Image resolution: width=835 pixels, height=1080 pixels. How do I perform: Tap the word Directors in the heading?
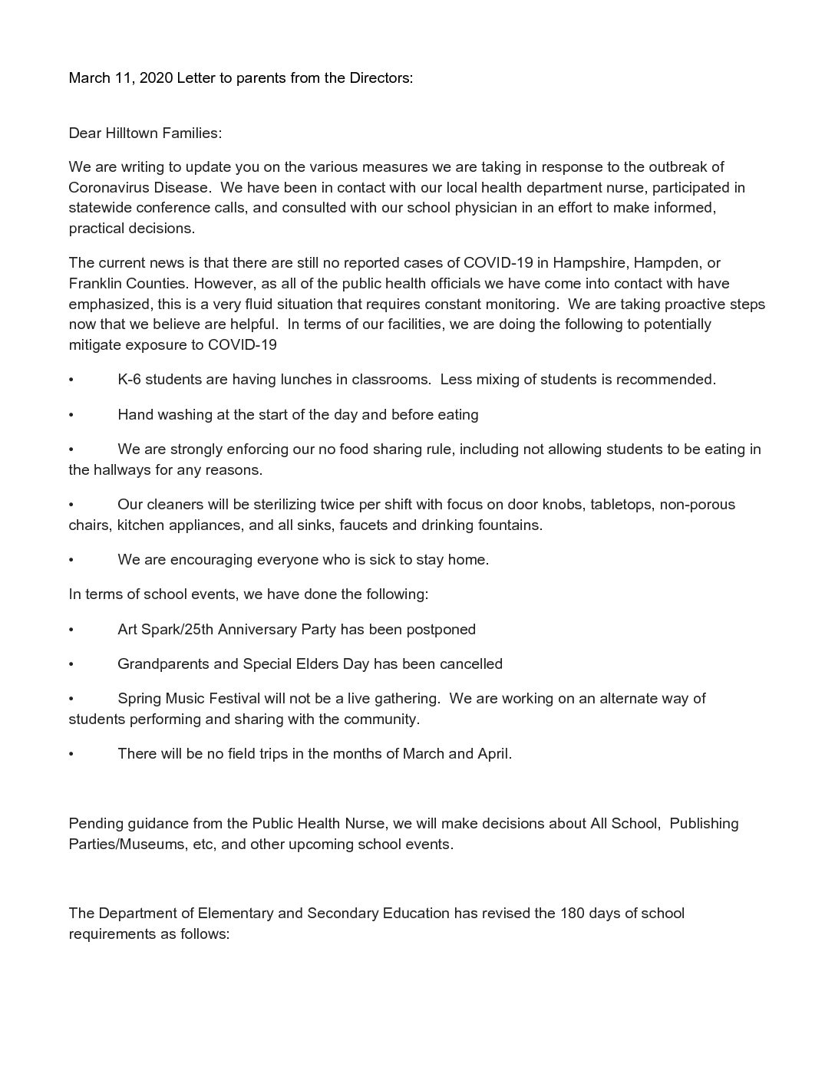click(x=380, y=78)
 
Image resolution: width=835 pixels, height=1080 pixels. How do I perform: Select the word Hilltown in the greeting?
click(x=132, y=133)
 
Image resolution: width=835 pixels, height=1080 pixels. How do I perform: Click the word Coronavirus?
click(x=111, y=188)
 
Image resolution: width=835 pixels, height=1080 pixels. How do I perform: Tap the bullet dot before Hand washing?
click(x=71, y=415)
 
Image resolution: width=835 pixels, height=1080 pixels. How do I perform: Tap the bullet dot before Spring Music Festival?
click(x=71, y=699)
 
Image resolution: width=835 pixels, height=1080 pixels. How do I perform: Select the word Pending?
click(x=95, y=824)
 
